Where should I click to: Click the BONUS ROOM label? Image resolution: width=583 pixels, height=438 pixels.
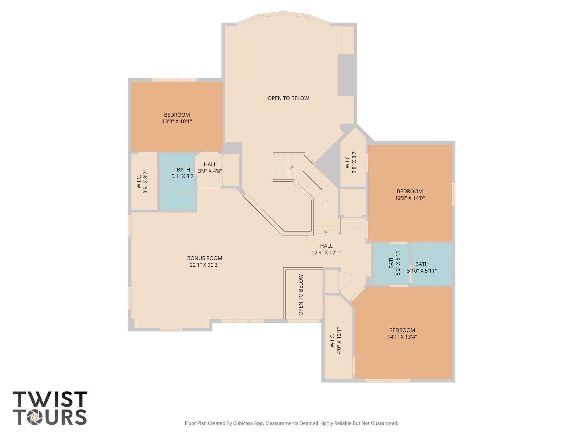point(204,258)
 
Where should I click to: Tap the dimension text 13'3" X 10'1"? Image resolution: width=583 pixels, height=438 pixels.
point(177,122)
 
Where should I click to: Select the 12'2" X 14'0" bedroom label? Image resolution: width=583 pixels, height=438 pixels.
point(410,198)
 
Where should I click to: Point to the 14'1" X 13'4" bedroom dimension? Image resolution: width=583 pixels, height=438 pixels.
point(402,337)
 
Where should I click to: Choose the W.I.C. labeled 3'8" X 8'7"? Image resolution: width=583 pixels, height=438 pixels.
point(351,162)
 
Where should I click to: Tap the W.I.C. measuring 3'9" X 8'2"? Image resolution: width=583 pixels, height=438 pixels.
point(142,182)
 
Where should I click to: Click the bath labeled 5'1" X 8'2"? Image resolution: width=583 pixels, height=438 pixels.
point(183,173)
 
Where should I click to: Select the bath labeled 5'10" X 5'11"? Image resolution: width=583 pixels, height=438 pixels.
point(422,267)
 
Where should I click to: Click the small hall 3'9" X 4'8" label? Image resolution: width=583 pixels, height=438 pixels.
point(210,168)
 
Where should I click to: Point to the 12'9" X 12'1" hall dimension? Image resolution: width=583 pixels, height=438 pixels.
point(326,253)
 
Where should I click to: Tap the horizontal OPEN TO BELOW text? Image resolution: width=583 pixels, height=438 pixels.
point(288,98)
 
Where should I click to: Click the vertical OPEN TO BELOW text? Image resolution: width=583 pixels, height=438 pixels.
point(301,295)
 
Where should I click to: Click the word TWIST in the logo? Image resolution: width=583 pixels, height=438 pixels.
point(50,399)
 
